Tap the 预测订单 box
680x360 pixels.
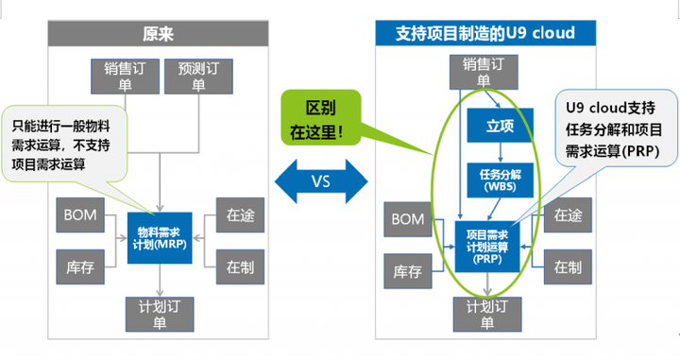point(198,76)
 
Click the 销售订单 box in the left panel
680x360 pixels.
point(125,76)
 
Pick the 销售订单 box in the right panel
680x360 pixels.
point(484,71)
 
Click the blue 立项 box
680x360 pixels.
point(500,124)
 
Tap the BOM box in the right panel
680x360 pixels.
point(408,221)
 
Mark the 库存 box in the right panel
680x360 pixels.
point(408,273)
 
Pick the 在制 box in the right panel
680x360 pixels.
point(569,267)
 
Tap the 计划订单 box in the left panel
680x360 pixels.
point(159,314)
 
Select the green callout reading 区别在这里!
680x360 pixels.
point(320,115)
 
